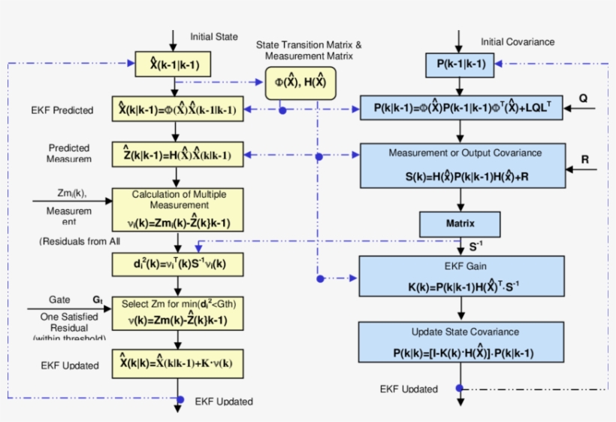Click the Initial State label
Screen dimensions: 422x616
tap(213, 36)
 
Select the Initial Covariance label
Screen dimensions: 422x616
tap(518, 41)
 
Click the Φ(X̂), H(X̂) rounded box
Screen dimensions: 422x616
tap(300, 82)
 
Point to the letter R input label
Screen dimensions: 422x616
tap(584, 159)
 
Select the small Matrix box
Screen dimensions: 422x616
tap(460, 223)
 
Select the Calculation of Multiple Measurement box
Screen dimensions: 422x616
tap(178, 208)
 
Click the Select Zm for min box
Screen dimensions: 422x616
tap(178, 313)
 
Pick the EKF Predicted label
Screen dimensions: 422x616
tap(62, 111)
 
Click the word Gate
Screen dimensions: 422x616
tap(59, 299)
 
